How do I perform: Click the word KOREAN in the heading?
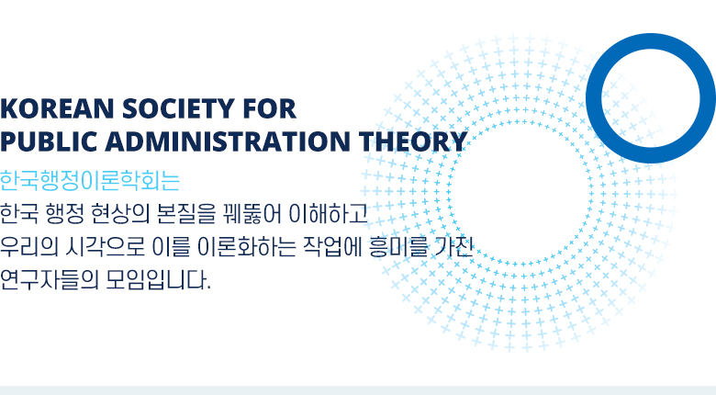57,108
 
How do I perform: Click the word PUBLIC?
49,141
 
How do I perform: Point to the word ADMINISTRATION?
228,141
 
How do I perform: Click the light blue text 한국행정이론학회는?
90,181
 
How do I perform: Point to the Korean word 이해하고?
328,213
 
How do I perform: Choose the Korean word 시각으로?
105,247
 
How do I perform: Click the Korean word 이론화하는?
247,247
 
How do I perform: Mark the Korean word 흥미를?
398,247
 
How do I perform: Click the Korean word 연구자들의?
50,280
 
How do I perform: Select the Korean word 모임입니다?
158,280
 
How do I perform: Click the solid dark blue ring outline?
595,98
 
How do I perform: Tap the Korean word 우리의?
29,247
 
